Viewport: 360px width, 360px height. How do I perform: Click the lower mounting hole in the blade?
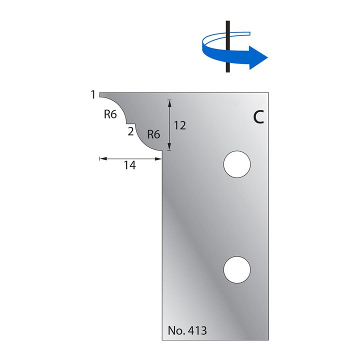[237, 269]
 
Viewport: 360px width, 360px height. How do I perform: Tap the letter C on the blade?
[258, 117]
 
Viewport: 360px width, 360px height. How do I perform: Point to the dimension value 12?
[180, 125]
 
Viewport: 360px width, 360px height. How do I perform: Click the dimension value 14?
[129, 165]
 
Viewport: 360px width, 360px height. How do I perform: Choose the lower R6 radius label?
[153, 134]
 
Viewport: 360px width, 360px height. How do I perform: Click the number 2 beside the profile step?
[130, 131]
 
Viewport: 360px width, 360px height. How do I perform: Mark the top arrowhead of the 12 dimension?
[169, 102]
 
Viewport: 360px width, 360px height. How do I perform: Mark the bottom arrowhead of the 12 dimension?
[169, 147]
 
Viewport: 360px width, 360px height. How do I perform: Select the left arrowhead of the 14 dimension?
[102, 158]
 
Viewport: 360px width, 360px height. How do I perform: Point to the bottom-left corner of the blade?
[162, 339]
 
